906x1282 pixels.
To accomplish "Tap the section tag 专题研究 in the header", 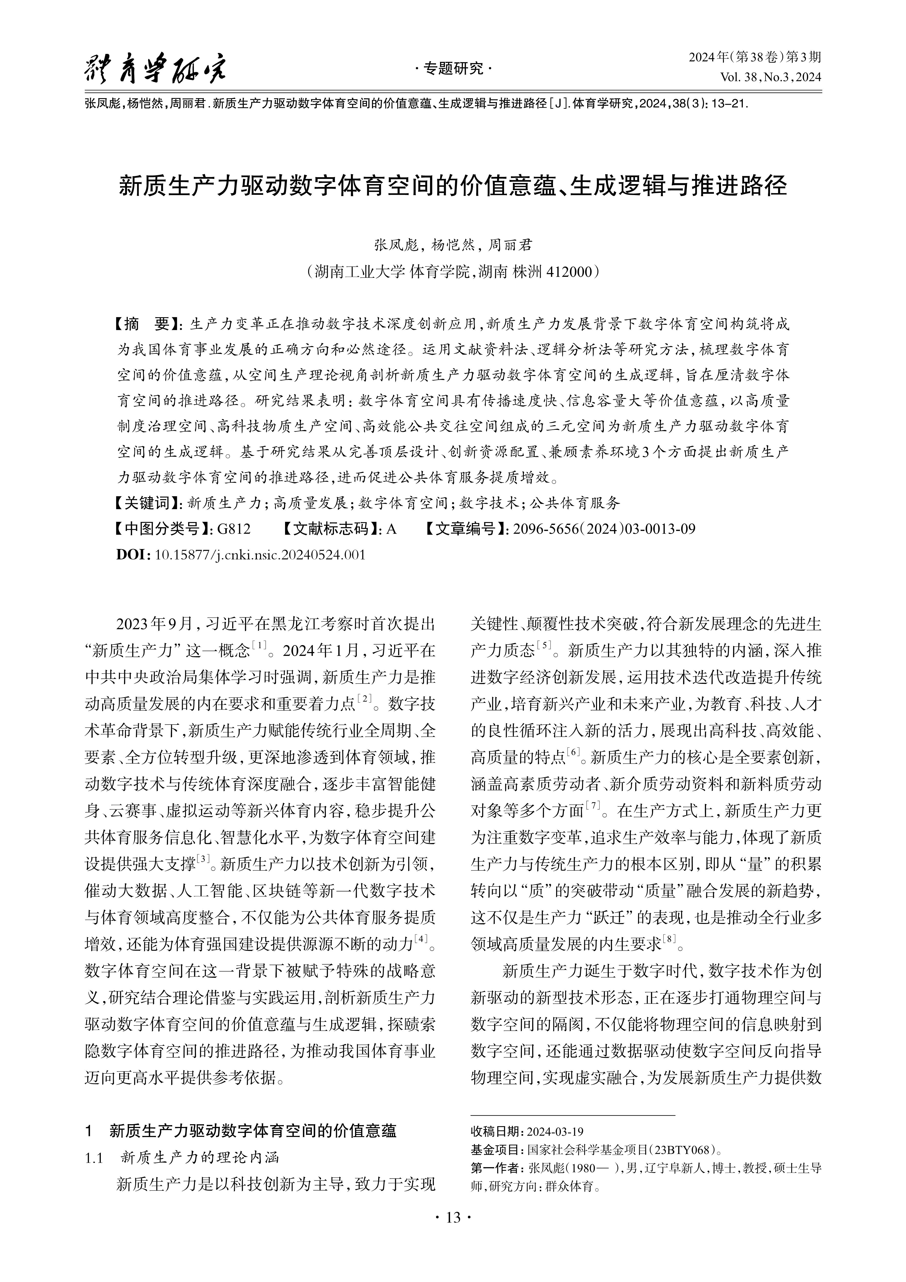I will click(453, 69).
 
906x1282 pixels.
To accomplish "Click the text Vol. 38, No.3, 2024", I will click(770, 77).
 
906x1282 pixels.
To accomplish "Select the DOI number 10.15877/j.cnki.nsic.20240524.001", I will click(260, 554).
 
